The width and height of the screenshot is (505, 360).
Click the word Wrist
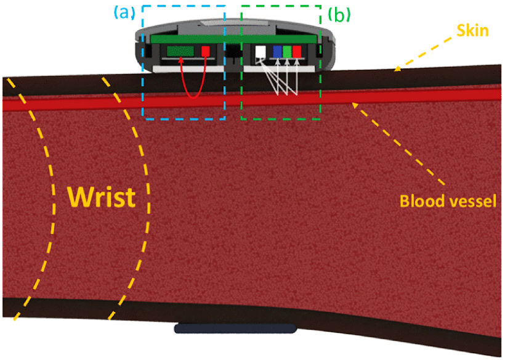click(x=101, y=197)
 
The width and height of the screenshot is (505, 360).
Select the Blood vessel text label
click(x=447, y=202)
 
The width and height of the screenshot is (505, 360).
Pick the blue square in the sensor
click(x=277, y=52)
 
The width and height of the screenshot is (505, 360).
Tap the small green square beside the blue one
click(x=287, y=52)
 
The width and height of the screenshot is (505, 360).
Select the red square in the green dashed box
click(x=297, y=52)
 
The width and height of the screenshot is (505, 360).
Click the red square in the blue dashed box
click(x=206, y=52)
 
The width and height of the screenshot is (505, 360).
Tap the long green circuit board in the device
click(x=234, y=39)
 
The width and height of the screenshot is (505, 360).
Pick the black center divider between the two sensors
click(x=233, y=54)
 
